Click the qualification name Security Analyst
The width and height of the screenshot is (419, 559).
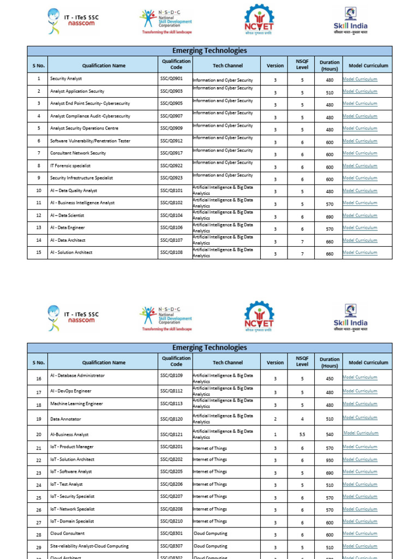pos(66,79)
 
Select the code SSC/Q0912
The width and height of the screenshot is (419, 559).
pos(171,141)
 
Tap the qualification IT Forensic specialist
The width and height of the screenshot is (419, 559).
pos(70,165)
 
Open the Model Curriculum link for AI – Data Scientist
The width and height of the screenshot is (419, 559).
pos(360,216)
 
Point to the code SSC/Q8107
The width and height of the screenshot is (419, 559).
pos(171,240)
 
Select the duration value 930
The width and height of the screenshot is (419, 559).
pos(330,461)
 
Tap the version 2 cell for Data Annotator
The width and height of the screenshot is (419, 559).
pos(275,419)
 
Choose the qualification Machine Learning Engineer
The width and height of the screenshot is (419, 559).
pos(76,404)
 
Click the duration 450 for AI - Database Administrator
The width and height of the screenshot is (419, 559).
pos(330,378)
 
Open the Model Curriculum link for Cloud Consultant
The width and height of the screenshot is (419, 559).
pos(360,534)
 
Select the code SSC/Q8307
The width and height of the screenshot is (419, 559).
pos(171,546)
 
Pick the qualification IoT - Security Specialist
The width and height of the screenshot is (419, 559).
pos(72,497)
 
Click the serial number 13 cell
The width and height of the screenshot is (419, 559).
pos(39,228)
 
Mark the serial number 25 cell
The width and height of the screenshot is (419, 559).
pos(39,498)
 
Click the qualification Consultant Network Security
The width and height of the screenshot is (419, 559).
pos(78,153)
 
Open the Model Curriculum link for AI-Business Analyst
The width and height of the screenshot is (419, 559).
pos(361,433)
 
